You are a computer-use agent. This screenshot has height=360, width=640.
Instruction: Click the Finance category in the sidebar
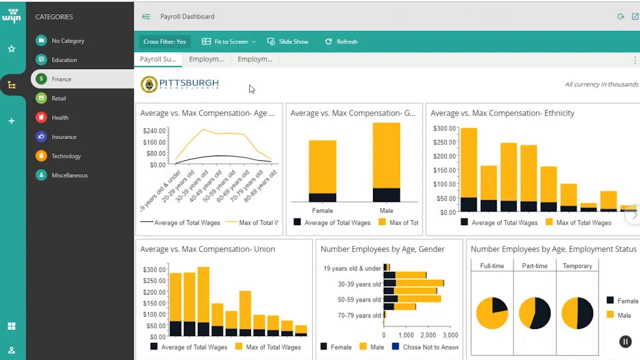(x=61, y=79)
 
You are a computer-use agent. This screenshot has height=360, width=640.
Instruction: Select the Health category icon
(x=41, y=117)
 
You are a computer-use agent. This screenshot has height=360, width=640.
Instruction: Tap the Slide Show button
(x=288, y=41)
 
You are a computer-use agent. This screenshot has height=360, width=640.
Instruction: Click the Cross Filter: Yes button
(x=164, y=41)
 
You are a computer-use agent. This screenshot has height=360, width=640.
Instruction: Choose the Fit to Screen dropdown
(x=229, y=41)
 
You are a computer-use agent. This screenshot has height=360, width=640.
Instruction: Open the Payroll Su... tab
(x=158, y=59)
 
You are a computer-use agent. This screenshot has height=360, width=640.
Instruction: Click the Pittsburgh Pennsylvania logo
(x=180, y=84)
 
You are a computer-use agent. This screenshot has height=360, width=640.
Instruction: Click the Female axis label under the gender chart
(x=322, y=210)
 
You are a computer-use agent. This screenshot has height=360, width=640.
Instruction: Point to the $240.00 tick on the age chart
(x=154, y=131)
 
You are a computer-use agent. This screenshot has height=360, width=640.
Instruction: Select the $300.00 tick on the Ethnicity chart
(x=444, y=128)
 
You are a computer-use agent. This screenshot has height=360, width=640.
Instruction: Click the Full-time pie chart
(x=492, y=313)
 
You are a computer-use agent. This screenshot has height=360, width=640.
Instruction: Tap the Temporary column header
(x=577, y=266)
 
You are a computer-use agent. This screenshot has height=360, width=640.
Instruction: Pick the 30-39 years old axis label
(x=359, y=284)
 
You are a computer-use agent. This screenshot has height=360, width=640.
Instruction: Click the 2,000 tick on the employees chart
(x=428, y=335)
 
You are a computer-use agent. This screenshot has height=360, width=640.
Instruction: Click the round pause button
(x=625, y=341)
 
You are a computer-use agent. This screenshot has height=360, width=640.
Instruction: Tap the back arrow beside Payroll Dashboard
(x=145, y=16)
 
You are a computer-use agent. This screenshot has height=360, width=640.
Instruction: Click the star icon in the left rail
(x=11, y=48)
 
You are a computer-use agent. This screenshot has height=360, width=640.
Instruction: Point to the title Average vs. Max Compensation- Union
(x=207, y=249)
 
